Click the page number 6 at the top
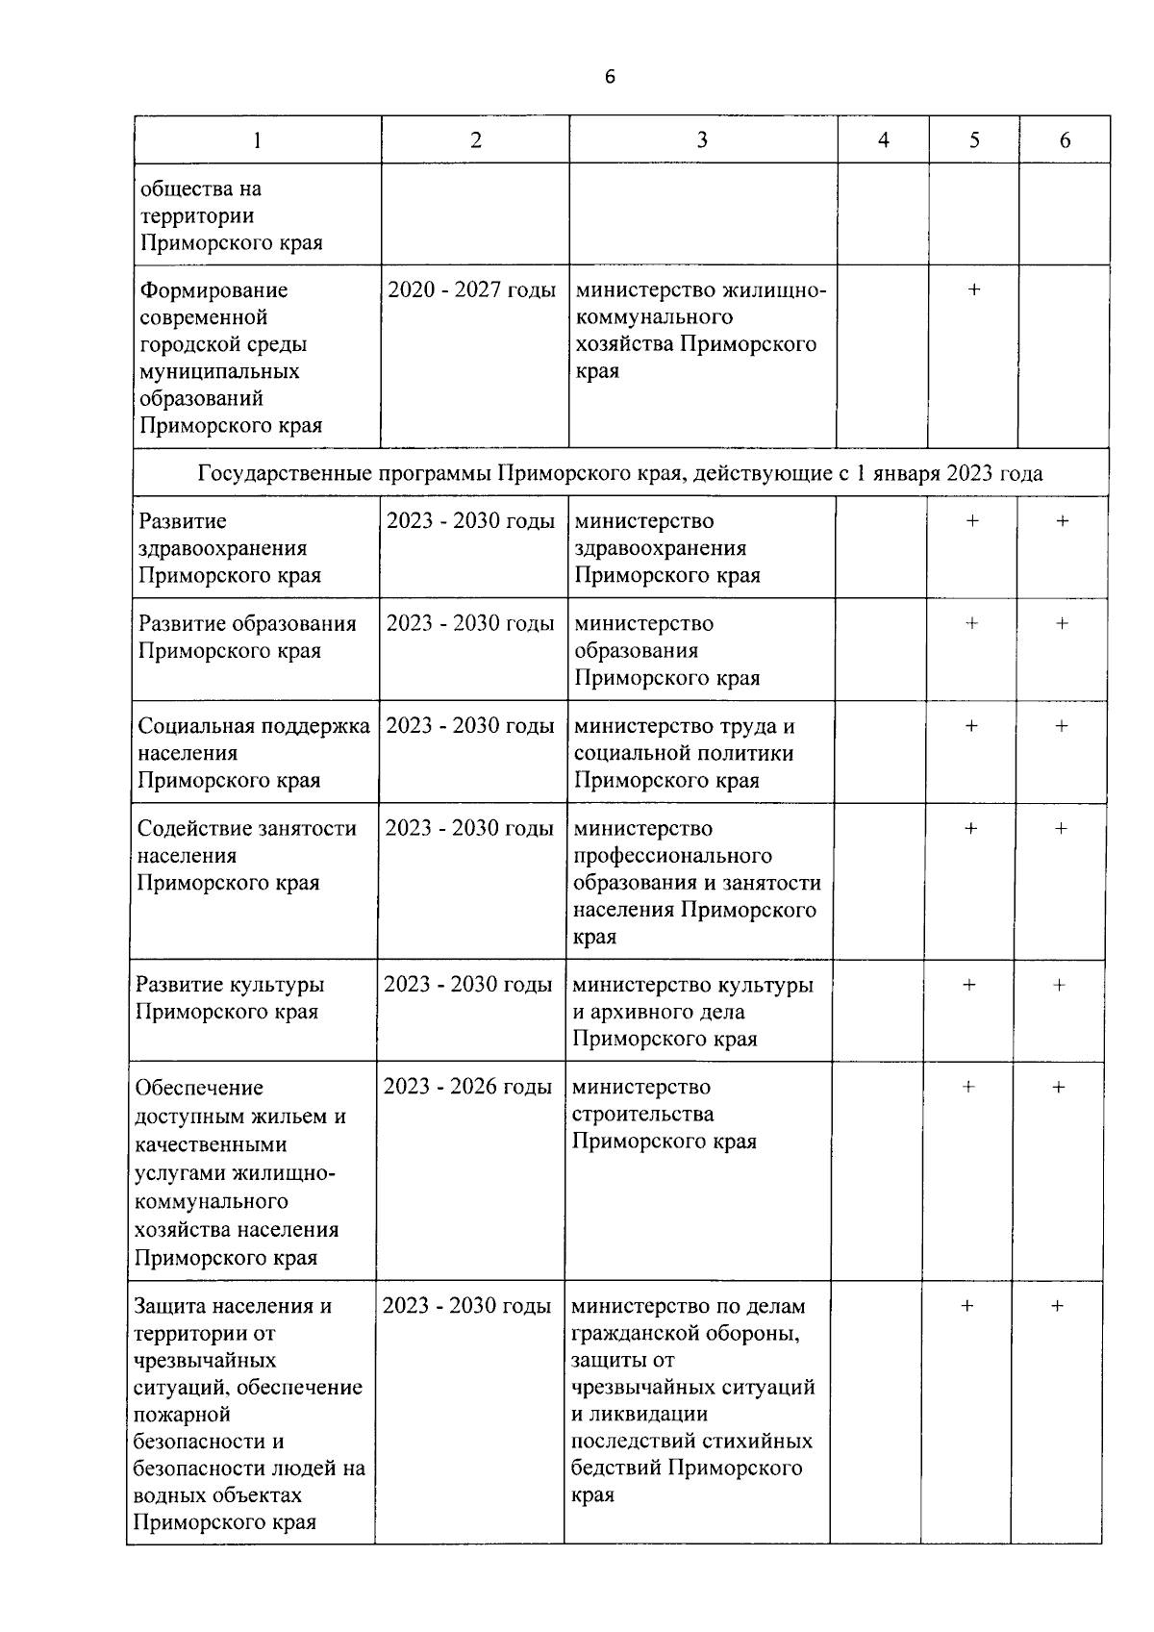610,77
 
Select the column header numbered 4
883,140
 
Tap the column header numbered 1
257,140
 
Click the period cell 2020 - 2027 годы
471,289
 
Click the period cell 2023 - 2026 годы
467,1087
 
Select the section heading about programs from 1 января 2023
620,473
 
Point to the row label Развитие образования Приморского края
246,637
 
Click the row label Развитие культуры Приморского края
229,998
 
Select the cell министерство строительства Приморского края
664,1114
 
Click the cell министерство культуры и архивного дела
691,1012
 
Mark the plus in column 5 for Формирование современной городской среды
973,289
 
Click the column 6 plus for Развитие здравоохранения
1062,521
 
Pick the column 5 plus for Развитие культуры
968,985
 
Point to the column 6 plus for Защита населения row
1057,1306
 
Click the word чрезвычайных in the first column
205,1361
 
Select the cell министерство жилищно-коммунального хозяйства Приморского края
699,330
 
